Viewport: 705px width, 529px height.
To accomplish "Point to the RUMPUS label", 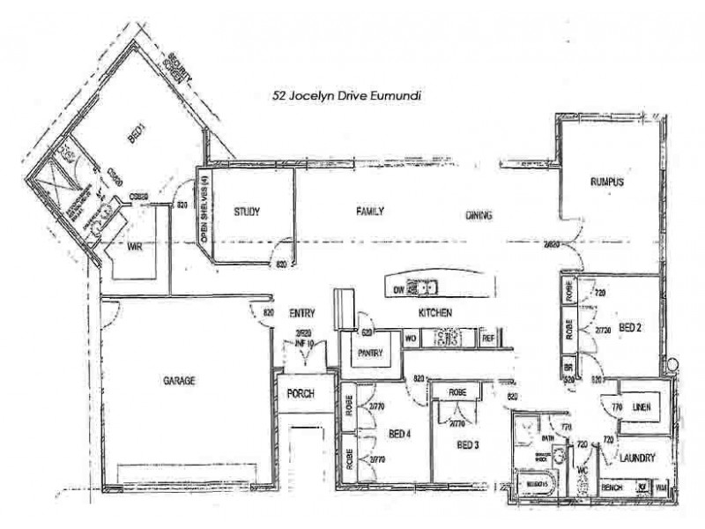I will pos(607,183).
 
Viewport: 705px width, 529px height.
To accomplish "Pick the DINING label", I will pos(479,215).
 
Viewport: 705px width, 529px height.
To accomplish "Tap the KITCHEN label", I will pos(435,313).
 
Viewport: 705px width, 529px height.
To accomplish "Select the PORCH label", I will pos(301,393).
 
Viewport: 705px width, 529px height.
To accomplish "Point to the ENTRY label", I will pos(302,313).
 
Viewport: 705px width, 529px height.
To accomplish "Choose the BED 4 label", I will pos(401,433).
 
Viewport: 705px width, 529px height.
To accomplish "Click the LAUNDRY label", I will pos(635,458).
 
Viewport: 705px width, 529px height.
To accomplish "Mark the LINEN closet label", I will pos(642,406).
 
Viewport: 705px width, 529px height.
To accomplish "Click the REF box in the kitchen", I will pos(487,337).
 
